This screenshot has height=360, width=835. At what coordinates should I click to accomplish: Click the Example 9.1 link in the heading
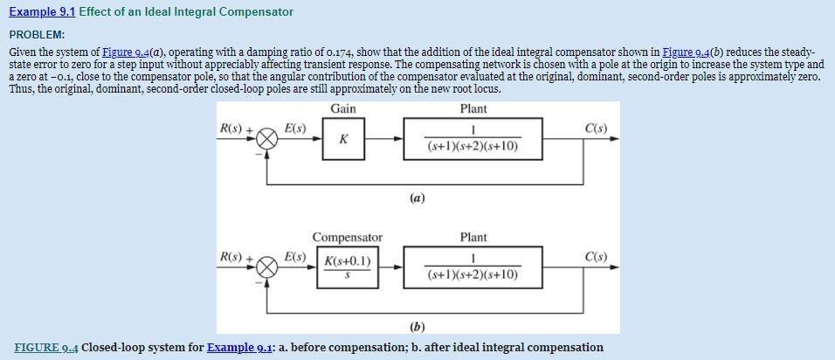pyautogui.click(x=41, y=12)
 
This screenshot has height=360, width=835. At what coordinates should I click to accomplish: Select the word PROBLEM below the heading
pyautogui.click(x=37, y=34)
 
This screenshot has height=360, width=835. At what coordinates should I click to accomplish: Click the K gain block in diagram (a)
pyautogui.click(x=343, y=140)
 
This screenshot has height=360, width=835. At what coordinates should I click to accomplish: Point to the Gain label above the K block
pyautogui.click(x=343, y=108)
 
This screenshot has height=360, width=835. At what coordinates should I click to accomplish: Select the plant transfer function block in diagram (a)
pyautogui.click(x=473, y=140)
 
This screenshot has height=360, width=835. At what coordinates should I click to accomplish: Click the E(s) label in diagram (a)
pyautogui.click(x=295, y=128)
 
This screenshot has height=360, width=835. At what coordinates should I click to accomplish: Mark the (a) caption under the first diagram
pyautogui.click(x=417, y=198)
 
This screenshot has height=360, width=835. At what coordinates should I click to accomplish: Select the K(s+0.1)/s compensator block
pyautogui.click(x=348, y=267)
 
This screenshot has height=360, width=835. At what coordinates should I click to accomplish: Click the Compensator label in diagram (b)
pyautogui.click(x=348, y=238)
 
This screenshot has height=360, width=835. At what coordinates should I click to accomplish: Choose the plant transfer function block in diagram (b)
pyautogui.click(x=473, y=267)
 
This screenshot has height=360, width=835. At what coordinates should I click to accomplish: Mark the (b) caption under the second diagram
pyautogui.click(x=417, y=327)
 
